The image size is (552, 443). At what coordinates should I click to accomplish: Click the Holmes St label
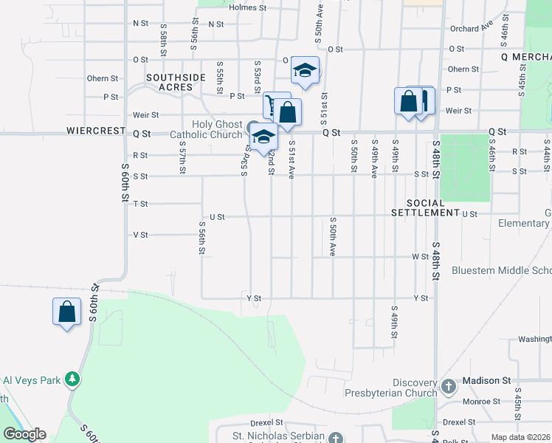tap(246, 7)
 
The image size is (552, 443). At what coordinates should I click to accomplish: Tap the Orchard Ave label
tap(471, 28)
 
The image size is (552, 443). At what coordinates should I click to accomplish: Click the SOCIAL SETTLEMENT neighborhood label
tap(426, 207)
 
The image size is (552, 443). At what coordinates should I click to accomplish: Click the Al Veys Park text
tap(30, 380)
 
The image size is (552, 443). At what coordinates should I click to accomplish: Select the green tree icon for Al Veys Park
tap(72, 380)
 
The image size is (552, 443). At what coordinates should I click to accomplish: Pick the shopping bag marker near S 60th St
tap(66, 312)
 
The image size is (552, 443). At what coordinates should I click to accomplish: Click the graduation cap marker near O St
tap(305, 71)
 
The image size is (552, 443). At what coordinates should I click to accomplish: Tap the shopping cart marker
tap(274, 106)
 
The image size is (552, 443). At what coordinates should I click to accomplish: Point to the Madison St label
tap(486, 380)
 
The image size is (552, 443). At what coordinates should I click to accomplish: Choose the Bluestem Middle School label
tap(501, 270)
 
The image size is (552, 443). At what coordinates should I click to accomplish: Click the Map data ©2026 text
tap(520, 437)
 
